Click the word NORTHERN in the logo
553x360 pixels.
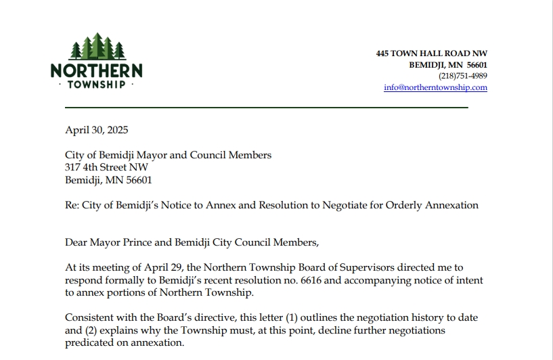[x=96, y=70]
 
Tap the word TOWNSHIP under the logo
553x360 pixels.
[x=96, y=85]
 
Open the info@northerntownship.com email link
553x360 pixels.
[x=435, y=87]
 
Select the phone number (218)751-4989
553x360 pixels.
[x=463, y=76]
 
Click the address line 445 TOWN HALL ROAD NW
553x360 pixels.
[x=431, y=53]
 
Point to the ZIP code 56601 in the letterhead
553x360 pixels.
[x=476, y=64]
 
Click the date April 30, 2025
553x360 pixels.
[x=96, y=130]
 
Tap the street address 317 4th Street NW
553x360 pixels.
[x=106, y=168]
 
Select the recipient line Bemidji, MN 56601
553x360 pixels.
[x=108, y=180]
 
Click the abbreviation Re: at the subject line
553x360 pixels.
[x=72, y=206]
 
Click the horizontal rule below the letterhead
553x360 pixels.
[x=266, y=108]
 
